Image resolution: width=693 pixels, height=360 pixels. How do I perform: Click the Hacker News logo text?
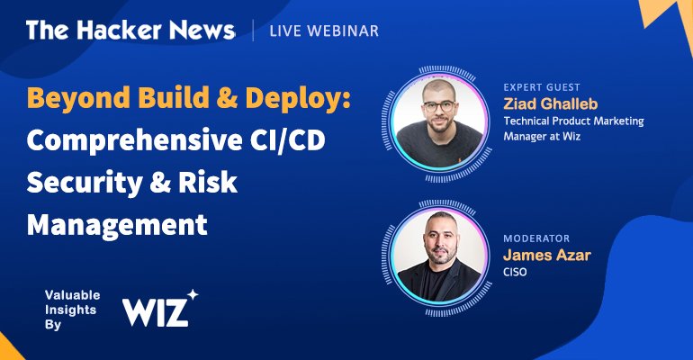pyautogui.click(x=130, y=31)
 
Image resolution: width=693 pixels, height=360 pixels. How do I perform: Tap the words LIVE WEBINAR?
pyautogui.click(x=324, y=31)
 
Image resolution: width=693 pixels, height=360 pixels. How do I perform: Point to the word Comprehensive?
pyautogui.click(x=134, y=140)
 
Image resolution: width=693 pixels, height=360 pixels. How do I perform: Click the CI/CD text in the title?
pyautogui.click(x=288, y=140)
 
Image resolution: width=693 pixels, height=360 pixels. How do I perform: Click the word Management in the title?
pyautogui.click(x=117, y=224)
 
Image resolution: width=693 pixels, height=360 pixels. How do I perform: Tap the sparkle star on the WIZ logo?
pyautogui.click(x=193, y=294)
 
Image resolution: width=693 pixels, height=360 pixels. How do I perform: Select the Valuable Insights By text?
pyautogui.click(x=73, y=310)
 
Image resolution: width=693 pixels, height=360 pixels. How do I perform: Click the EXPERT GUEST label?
pyautogui.click(x=542, y=87)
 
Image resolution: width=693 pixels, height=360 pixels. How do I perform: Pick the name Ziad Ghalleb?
pyautogui.click(x=551, y=103)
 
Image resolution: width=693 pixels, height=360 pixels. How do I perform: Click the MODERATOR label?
pyautogui.click(x=536, y=238)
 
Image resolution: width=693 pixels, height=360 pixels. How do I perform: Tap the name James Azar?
pyautogui.click(x=547, y=255)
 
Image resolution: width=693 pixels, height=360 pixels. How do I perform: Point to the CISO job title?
pyautogui.click(x=515, y=272)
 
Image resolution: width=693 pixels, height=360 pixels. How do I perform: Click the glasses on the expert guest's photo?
pyautogui.click(x=438, y=106)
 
